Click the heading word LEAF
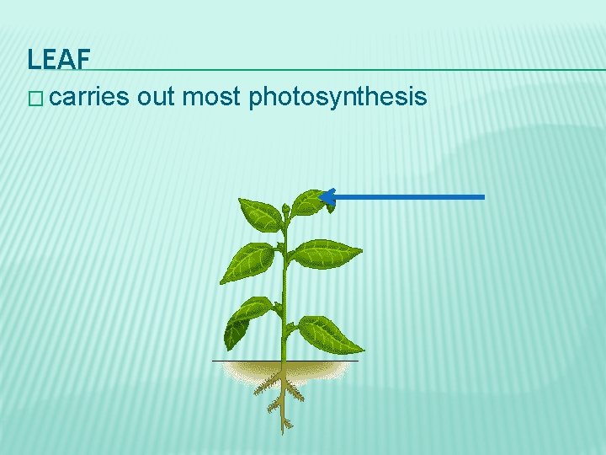(x=58, y=59)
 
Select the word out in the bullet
(x=156, y=98)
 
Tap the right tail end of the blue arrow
(x=482, y=197)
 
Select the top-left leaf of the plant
(x=261, y=215)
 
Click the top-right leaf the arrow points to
(x=308, y=202)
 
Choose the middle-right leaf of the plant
(x=326, y=253)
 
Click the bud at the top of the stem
(x=286, y=209)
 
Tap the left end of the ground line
(x=214, y=361)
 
